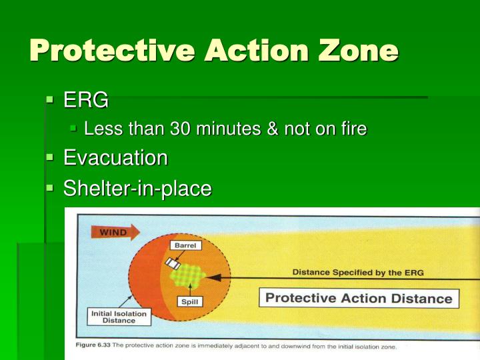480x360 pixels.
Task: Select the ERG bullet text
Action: [x=85, y=101]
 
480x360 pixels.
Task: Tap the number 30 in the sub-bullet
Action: [x=182, y=129]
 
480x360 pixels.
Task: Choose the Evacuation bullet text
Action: [x=115, y=158]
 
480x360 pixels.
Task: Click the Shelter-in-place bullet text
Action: [x=137, y=189]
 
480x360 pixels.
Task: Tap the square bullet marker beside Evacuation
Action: [x=49, y=158]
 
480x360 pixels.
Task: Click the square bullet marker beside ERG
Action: [x=49, y=101]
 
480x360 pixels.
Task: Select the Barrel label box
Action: [x=187, y=245]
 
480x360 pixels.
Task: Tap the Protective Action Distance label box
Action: [x=359, y=298]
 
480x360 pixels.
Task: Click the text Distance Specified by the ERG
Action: [x=358, y=272]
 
